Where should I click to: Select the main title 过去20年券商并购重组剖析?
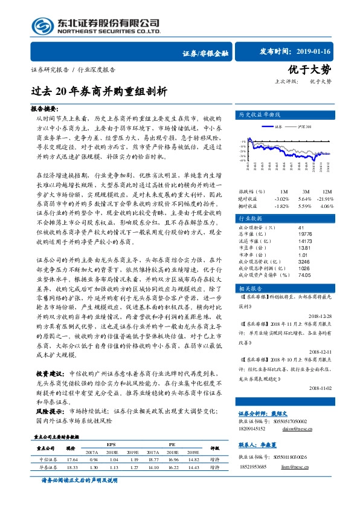coord(98,92)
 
